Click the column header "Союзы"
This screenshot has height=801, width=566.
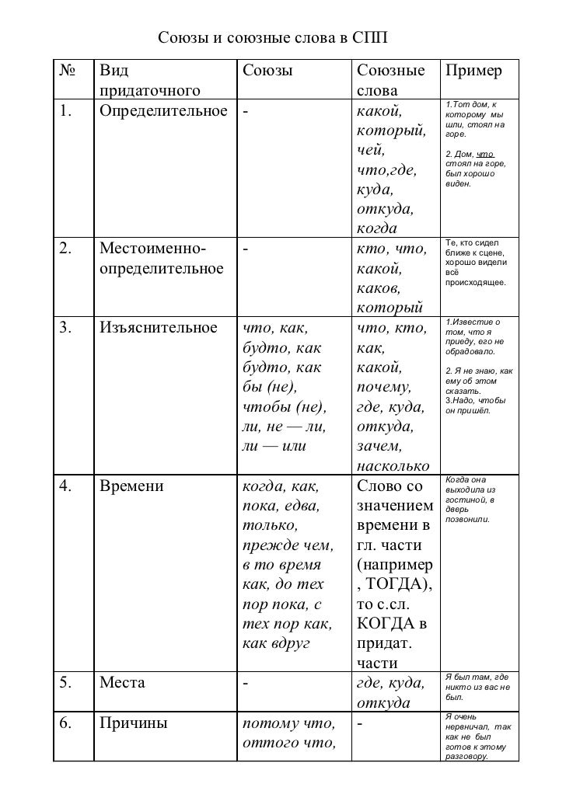coord(267,71)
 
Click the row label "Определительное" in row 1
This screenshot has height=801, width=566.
coord(162,112)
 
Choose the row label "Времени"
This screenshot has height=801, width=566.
coord(131,488)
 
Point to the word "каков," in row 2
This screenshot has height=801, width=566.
coord(379,289)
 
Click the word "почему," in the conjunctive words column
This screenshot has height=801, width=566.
coord(383,387)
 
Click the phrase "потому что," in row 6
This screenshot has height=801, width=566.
coord(288,724)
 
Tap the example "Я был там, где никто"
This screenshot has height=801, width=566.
coord(476,687)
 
